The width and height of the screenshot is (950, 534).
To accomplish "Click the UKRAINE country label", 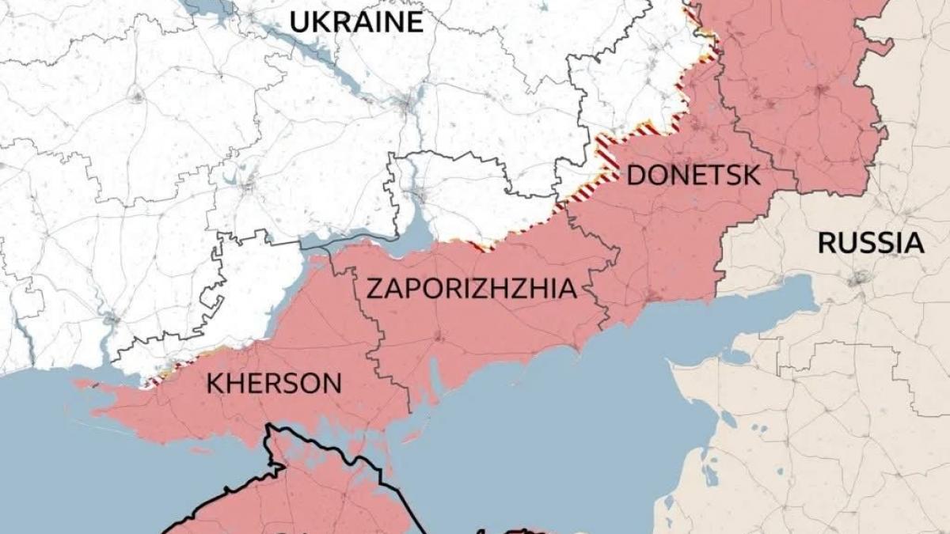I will [356, 21].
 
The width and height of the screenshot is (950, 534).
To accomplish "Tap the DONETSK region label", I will [693, 175].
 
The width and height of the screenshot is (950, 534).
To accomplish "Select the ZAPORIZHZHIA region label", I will [471, 289].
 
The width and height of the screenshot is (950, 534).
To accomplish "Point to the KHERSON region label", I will [274, 384].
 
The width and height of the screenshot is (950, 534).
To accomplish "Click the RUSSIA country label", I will [871, 243].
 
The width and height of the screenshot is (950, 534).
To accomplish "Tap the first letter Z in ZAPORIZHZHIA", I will [374, 289].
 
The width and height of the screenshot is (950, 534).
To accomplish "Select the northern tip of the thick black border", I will [270, 427].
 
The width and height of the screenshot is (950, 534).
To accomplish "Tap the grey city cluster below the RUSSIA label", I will [859, 278].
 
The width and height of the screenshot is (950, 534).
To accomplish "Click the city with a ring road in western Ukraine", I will [137, 97].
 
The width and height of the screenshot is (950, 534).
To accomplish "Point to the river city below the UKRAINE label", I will [408, 103].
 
